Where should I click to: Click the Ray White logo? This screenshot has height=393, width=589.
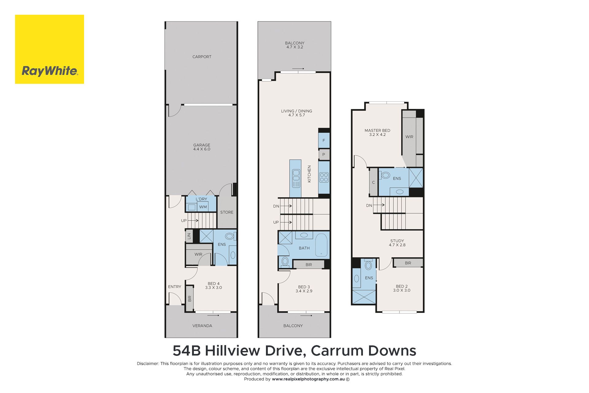49,49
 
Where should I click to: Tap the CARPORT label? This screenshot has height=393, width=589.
202,57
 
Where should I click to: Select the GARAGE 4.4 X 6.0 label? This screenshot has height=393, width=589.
202,147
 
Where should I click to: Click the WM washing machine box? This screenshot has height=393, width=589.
203,207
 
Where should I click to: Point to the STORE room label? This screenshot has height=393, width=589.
227,212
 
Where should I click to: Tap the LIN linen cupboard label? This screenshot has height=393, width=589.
189,236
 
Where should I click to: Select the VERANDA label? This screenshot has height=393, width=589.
202,326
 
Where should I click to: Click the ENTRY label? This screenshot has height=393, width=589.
175,286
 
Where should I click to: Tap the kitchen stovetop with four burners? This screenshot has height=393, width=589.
324,177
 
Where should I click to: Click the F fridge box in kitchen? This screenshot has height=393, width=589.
324,140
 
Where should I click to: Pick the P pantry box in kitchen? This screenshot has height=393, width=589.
324,154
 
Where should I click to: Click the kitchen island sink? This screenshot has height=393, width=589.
296,178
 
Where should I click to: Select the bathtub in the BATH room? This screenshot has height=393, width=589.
321,245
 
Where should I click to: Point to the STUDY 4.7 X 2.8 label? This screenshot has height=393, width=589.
397,243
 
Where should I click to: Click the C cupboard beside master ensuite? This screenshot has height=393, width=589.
374,182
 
